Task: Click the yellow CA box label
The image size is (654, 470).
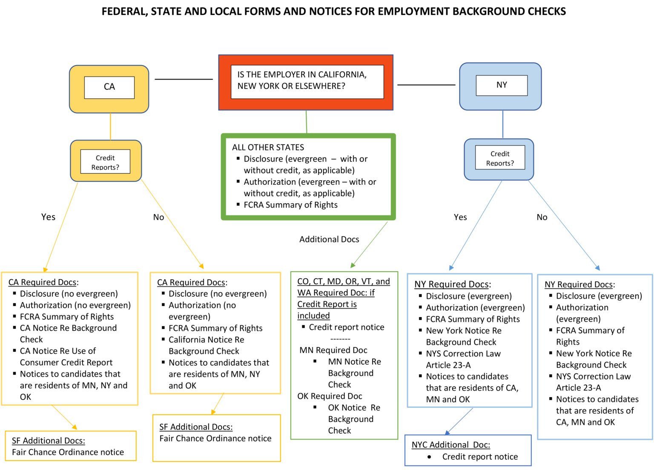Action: pos(109,87)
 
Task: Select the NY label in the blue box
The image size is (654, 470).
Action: pos(502,85)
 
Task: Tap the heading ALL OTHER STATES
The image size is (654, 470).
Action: pos(268,147)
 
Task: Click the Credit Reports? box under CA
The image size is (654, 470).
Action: pos(105,162)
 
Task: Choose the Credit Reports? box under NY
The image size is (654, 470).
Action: pos(500,158)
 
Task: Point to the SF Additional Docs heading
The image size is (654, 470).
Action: pos(48,441)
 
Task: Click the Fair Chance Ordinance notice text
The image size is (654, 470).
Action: pos(68,452)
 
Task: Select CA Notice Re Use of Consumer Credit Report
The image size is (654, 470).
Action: pos(66,357)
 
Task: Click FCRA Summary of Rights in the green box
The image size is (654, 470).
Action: pos(290,205)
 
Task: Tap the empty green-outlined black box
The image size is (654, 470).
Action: pos(344,355)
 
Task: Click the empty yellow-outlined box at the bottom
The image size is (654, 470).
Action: pos(216,438)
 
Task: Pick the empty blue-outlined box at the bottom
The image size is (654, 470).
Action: pos(468,450)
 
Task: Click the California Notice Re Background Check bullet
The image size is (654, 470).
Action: pos(206,345)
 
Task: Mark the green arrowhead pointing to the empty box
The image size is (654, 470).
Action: pos(353,265)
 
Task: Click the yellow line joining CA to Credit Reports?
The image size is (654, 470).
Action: pos(110,126)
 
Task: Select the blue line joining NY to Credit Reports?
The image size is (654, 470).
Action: pos(503,124)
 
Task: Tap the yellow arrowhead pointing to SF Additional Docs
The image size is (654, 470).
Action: pos(75,427)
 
